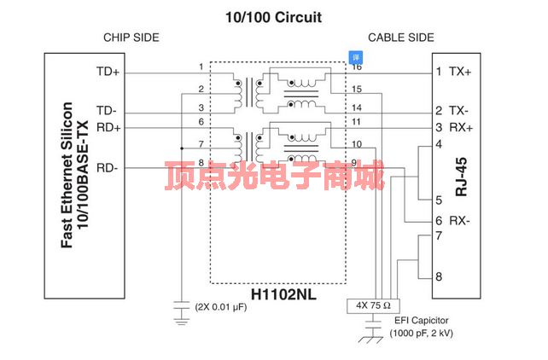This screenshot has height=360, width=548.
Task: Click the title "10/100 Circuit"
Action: point(273,16)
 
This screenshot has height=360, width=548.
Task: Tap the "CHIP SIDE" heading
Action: point(131,38)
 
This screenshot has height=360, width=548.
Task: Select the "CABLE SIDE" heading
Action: point(400,38)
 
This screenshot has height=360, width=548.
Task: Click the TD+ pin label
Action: point(108,72)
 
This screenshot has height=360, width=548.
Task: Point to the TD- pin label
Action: point(107,111)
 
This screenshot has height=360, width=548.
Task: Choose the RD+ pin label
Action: point(108,128)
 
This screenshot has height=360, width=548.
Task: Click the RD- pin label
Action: point(108,166)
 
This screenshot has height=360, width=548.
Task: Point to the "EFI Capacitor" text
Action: point(422,321)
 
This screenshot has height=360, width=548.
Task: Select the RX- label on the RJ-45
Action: point(461,221)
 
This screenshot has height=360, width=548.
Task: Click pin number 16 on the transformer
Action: point(356,67)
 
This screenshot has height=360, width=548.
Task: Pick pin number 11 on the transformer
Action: point(356,123)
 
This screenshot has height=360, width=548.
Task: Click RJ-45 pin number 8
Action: point(439,276)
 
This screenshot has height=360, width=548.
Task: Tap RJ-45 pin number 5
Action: point(439,200)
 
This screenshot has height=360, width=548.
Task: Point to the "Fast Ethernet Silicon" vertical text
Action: point(67,175)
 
